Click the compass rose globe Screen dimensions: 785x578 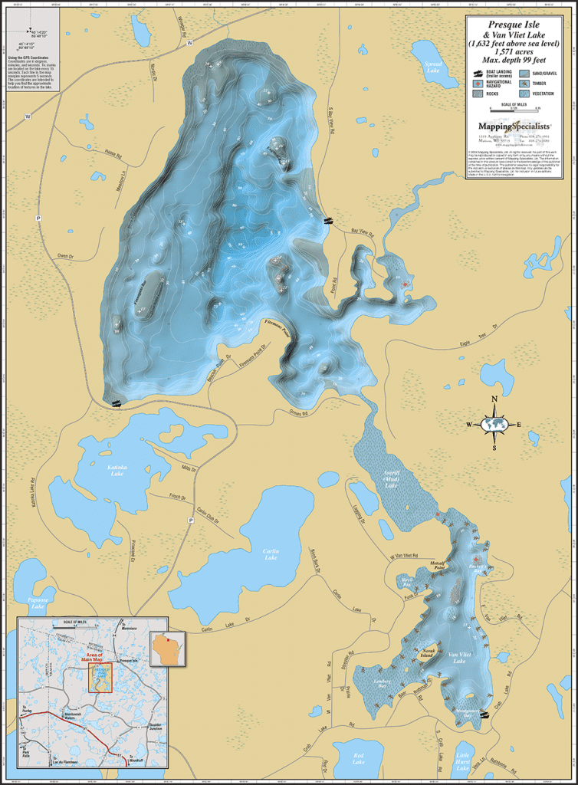tap(494, 423)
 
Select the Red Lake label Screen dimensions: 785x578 tap(358, 760)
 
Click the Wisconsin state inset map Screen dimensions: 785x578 tap(164, 649)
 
